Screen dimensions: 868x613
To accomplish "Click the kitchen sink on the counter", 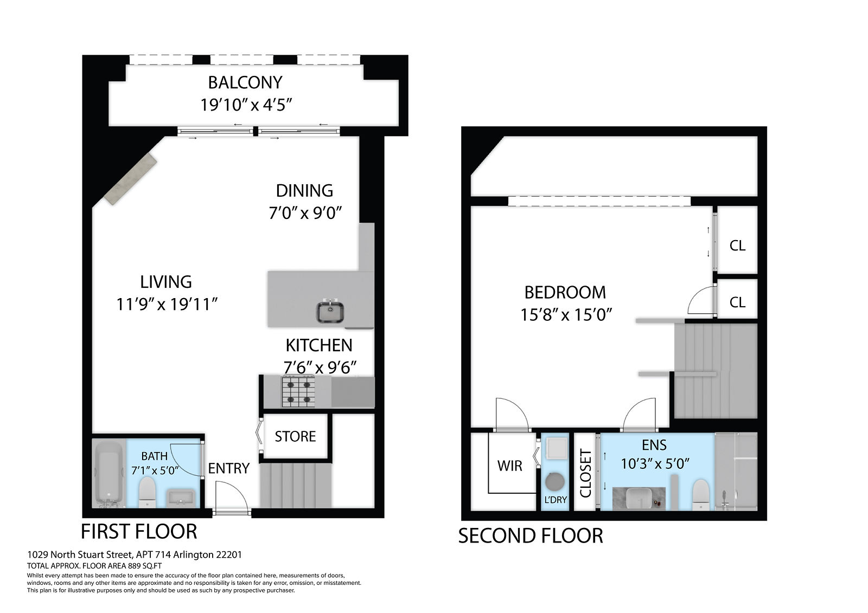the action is click(330, 311).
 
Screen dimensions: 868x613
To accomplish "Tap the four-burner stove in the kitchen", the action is click(298, 391).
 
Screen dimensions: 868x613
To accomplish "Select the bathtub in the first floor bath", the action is click(109, 474).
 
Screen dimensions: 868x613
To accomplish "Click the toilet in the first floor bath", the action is click(147, 492).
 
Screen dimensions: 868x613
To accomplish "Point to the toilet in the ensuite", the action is click(700, 495).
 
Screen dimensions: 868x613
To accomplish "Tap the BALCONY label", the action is click(245, 82).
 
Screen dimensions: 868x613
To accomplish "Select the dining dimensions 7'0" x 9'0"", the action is click(305, 213).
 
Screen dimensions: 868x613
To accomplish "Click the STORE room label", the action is click(295, 436).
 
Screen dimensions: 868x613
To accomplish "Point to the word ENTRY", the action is click(228, 469).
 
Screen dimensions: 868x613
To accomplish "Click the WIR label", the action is click(510, 466).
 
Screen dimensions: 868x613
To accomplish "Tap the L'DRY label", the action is click(556, 500).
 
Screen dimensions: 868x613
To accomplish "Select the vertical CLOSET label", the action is click(585, 473).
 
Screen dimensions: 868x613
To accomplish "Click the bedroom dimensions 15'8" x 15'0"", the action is click(566, 315).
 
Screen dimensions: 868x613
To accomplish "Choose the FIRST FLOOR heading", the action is click(139, 531).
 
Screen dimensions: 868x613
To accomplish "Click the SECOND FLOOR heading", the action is click(531, 536).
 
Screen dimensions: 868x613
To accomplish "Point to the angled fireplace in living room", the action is click(130, 179).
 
